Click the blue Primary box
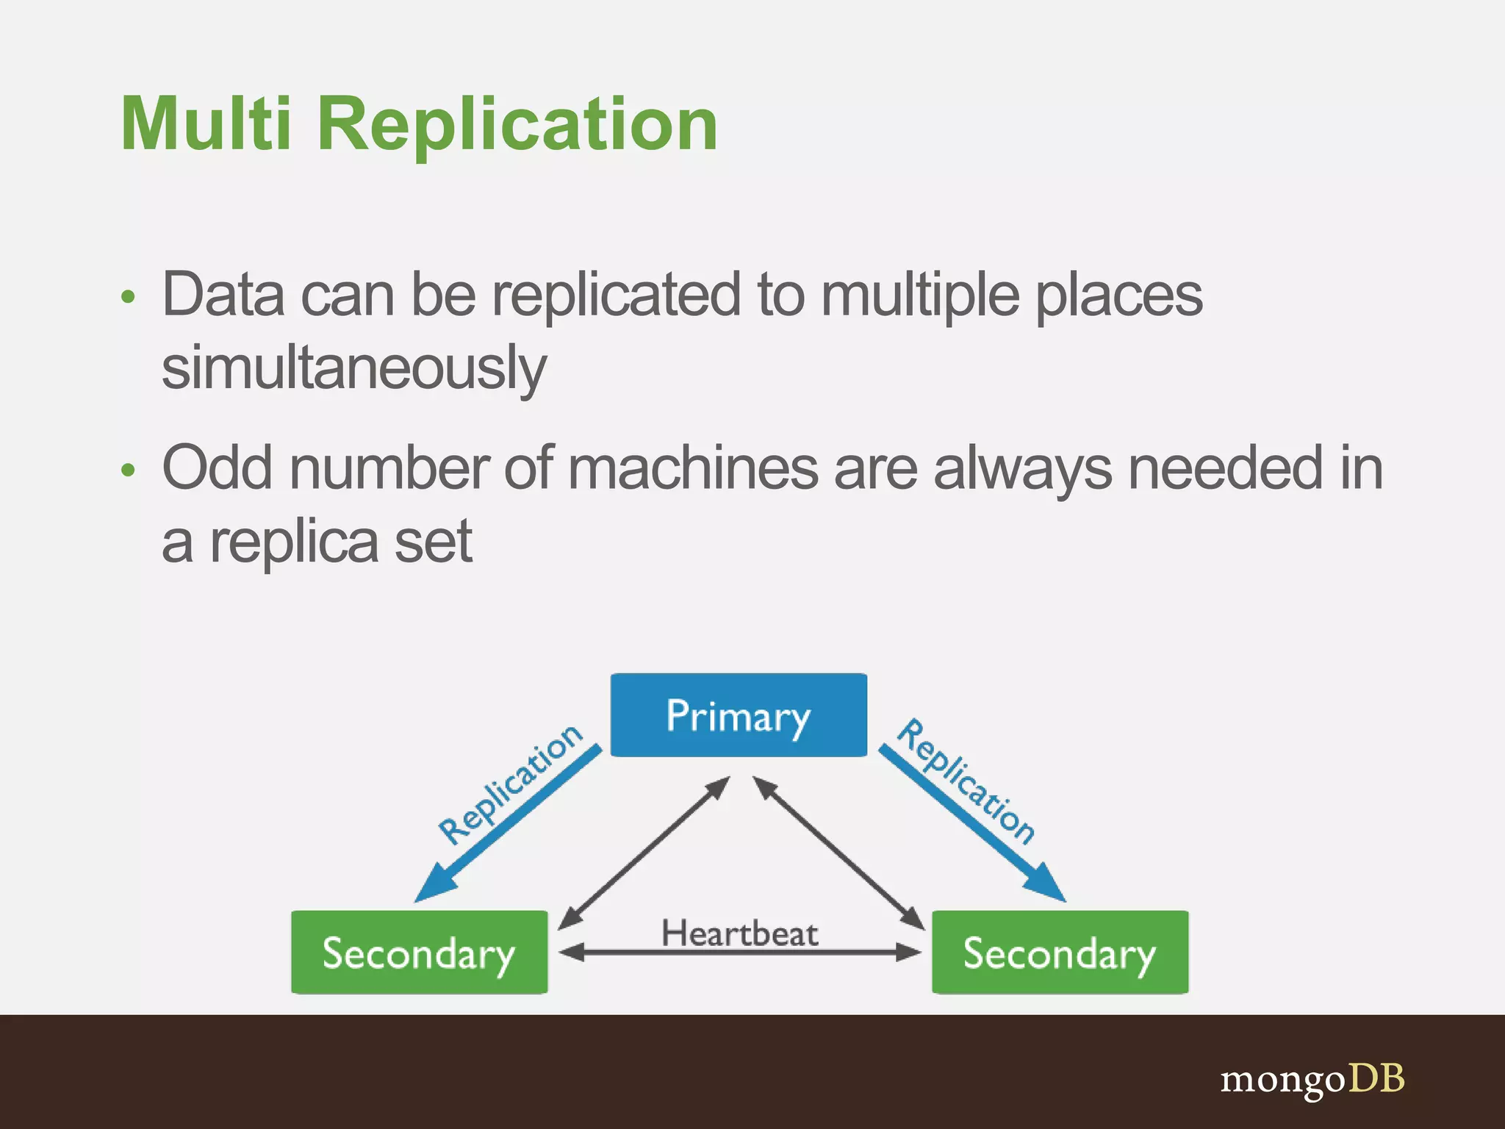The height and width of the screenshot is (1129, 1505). (739, 715)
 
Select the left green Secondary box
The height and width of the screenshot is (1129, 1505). (419, 953)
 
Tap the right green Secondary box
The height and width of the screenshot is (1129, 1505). (1060, 953)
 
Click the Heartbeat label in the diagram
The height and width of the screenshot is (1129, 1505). (739, 933)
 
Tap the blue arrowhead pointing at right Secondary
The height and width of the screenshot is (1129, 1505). (1047, 885)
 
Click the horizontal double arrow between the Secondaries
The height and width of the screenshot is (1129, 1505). (739, 953)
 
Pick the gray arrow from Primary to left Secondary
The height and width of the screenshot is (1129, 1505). (644, 853)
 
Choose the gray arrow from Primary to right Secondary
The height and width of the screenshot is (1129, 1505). (838, 853)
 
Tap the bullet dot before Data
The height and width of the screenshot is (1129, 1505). (129, 298)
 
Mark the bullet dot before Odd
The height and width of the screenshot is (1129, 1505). (129, 470)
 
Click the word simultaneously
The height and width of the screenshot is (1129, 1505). (354, 368)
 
